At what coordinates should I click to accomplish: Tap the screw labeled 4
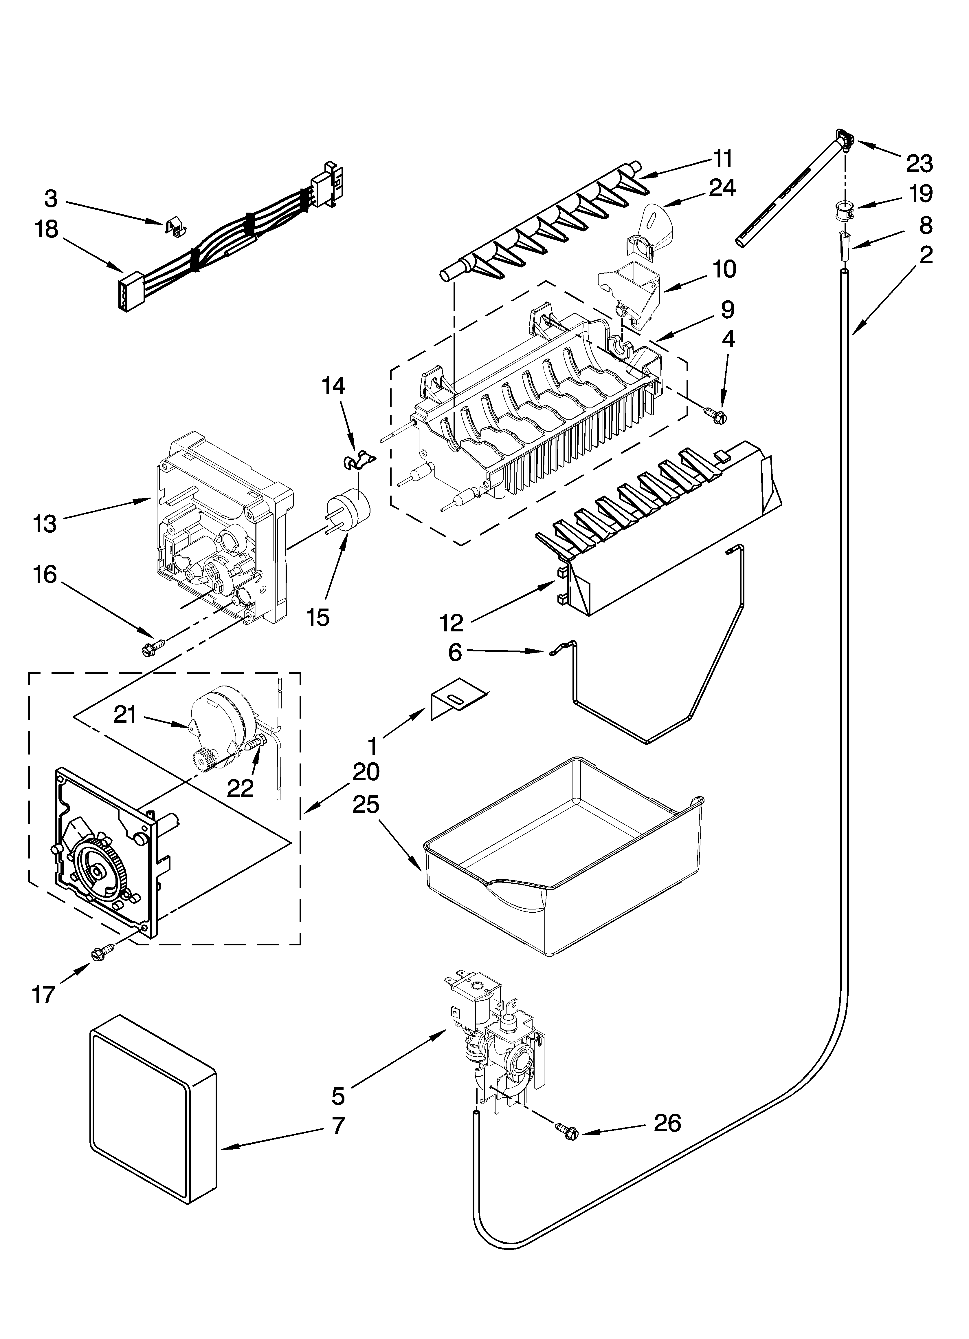click(x=718, y=415)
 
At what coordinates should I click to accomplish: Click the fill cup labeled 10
click(x=630, y=289)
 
